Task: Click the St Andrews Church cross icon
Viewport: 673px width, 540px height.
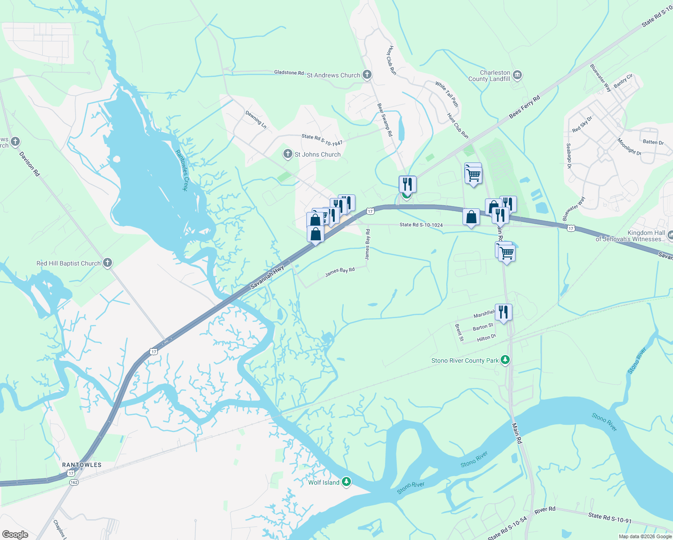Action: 367,75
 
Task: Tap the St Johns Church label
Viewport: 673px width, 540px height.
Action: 317,154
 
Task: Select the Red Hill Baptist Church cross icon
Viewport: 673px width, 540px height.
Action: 107,263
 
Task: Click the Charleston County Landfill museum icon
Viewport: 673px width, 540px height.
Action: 517,75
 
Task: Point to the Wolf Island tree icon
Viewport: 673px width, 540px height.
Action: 346,482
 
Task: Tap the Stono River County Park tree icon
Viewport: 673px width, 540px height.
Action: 505,360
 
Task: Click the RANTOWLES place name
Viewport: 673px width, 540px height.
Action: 82,465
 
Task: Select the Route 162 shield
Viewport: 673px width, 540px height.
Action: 74,482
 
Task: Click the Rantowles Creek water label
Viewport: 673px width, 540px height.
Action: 181,170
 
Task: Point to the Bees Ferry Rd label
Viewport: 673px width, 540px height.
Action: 524,107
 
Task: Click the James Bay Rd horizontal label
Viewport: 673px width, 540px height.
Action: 340,272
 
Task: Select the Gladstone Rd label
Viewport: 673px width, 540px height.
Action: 289,72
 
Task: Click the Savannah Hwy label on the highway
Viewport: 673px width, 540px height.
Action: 267,279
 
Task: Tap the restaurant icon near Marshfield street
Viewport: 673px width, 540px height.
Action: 503,311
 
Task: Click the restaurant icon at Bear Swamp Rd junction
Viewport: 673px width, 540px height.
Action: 407,184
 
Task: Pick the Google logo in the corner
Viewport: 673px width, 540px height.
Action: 15,534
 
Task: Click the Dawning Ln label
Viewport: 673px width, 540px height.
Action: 256,120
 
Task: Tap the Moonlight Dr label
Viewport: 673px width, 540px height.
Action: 629,147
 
